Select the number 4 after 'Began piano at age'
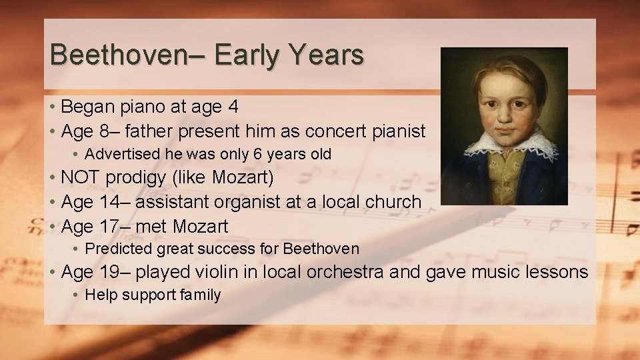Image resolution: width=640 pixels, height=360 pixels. point(233,107)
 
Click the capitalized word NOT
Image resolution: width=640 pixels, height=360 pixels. point(81,178)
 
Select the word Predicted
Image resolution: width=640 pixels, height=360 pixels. point(119,249)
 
